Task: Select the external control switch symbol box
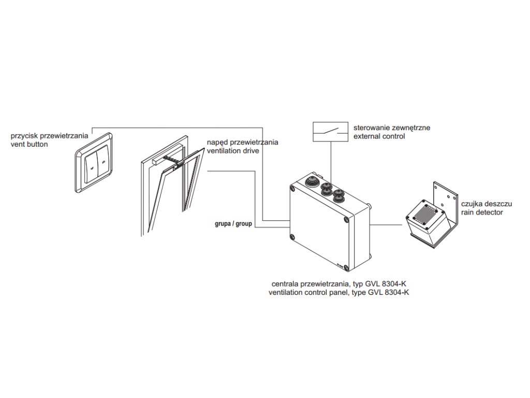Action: click(x=330, y=131)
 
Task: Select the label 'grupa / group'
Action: click(x=233, y=224)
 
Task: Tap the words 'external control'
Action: click(x=379, y=136)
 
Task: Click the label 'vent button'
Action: click(x=29, y=145)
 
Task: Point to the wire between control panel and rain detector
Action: click(x=387, y=224)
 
